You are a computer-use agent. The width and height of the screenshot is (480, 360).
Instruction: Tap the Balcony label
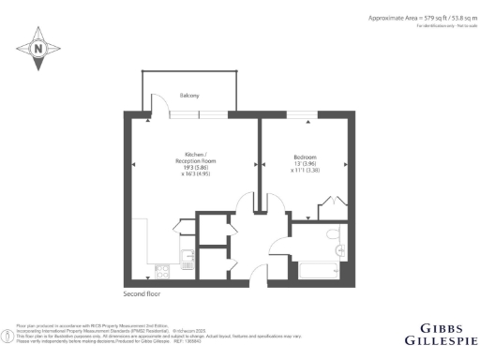tap(188, 96)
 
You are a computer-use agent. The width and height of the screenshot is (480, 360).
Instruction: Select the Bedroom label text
tap(306, 157)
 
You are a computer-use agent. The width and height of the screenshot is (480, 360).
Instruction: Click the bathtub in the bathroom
tap(320, 272)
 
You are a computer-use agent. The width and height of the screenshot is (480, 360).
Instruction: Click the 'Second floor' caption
tap(142, 294)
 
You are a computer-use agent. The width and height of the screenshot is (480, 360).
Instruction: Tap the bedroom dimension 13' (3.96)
tap(306, 164)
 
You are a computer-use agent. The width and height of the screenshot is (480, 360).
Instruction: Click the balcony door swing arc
tap(160, 105)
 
